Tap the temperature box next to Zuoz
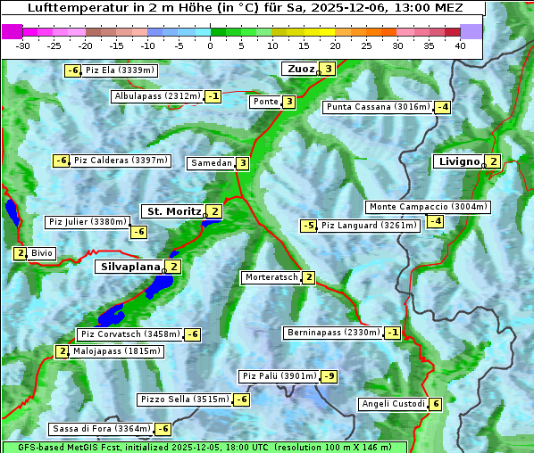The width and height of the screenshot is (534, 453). pyautogui.click(x=329, y=69)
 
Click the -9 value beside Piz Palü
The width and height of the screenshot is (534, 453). pyautogui.click(x=330, y=376)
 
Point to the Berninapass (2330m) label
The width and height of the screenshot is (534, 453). pyautogui.click(x=333, y=333)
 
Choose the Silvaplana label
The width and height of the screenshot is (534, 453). pyautogui.click(x=130, y=267)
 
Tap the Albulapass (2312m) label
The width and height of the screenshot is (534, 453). pyautogui.click(x=156, y=96)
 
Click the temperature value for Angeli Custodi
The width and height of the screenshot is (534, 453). pyautogui.click(x=435, y=404)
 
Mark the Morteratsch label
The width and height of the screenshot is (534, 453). pyautogui.click(x=271, y=277)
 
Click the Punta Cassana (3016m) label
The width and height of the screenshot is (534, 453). pyautogui.click(x=378, y=107)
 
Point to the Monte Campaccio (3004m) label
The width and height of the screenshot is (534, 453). pyautogui.click(x=429, y=207)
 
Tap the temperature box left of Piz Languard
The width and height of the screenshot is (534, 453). pyautogui.click(x=308, y=226)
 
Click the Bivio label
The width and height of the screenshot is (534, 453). pyautogui.click(x=42, y=253)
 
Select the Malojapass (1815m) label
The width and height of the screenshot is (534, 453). pyautogui.click(x=116, y=351)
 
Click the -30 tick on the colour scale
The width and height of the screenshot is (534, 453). pyautogui.click(x=23, y=45)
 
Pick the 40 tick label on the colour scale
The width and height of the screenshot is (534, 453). pyautogui.click(x=460, y=45)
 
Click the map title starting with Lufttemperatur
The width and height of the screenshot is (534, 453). pyautogui.click(x=242, y=8)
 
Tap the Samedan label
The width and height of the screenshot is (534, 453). pyautogui.click(x=211, y=163)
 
